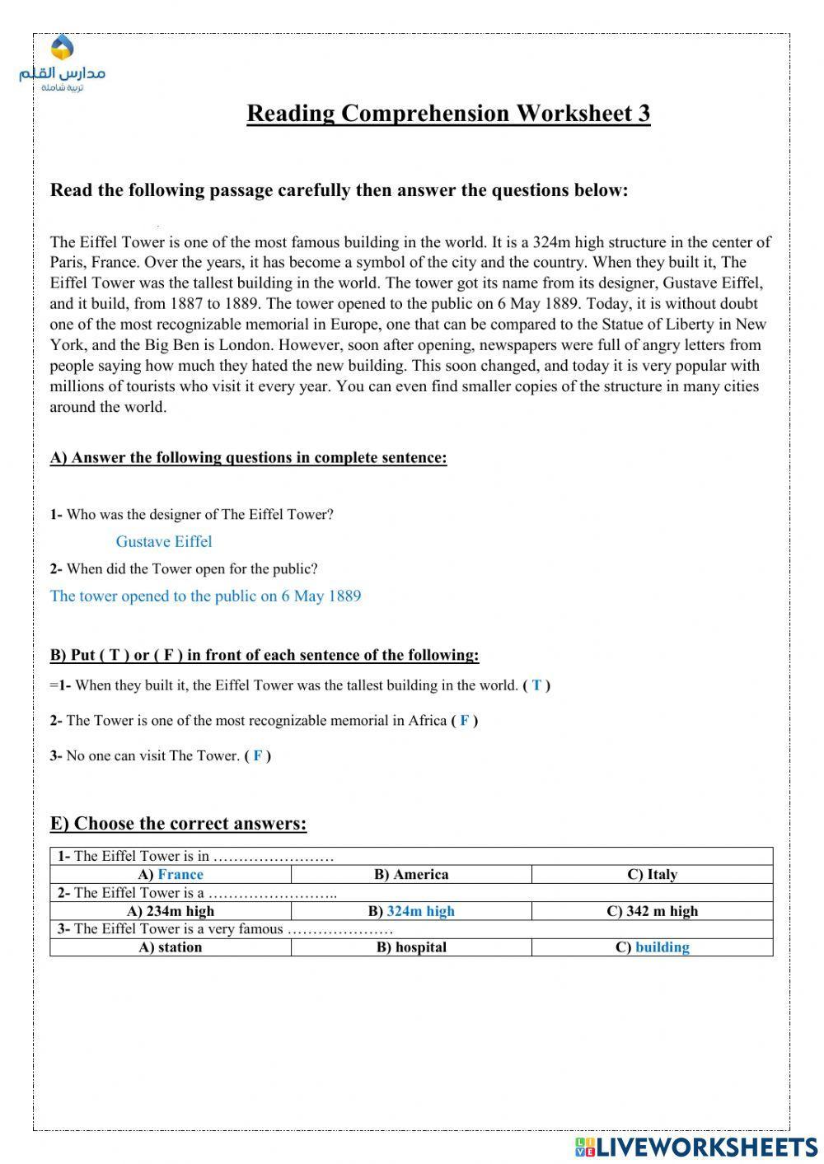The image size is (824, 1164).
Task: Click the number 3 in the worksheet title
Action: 644,114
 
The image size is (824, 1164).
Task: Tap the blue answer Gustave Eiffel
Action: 164,542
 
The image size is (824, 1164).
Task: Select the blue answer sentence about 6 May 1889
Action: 205,596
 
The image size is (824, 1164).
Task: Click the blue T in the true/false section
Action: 536,685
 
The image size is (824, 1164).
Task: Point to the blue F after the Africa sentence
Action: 465,721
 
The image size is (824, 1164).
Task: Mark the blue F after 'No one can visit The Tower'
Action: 258,756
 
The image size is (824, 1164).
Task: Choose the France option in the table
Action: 180,875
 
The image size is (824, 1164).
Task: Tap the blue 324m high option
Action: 420,911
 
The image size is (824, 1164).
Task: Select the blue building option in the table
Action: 662,947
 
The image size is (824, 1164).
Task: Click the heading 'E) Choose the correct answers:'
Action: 178,824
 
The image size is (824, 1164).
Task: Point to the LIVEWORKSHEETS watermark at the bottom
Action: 696,1147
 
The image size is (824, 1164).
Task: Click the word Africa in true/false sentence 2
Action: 427,721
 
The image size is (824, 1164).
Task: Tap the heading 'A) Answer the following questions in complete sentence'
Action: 248,458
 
